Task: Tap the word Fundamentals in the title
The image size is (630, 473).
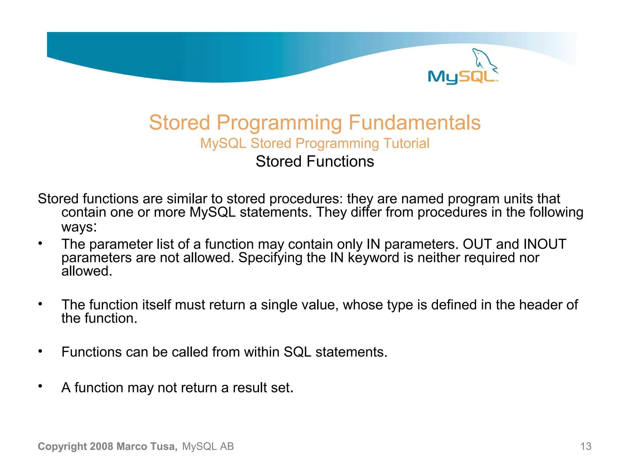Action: point(414,123)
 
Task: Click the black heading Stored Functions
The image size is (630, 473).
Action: point(315,161)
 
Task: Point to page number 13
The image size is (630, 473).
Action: point(585,446)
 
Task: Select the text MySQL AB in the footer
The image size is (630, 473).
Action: point(208,446)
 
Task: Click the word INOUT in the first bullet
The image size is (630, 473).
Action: point(545,244)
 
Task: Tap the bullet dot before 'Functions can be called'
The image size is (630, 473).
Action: point(40,351)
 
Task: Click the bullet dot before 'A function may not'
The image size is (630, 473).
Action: point(40,386)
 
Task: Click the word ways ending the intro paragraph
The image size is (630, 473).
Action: point(78,227)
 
